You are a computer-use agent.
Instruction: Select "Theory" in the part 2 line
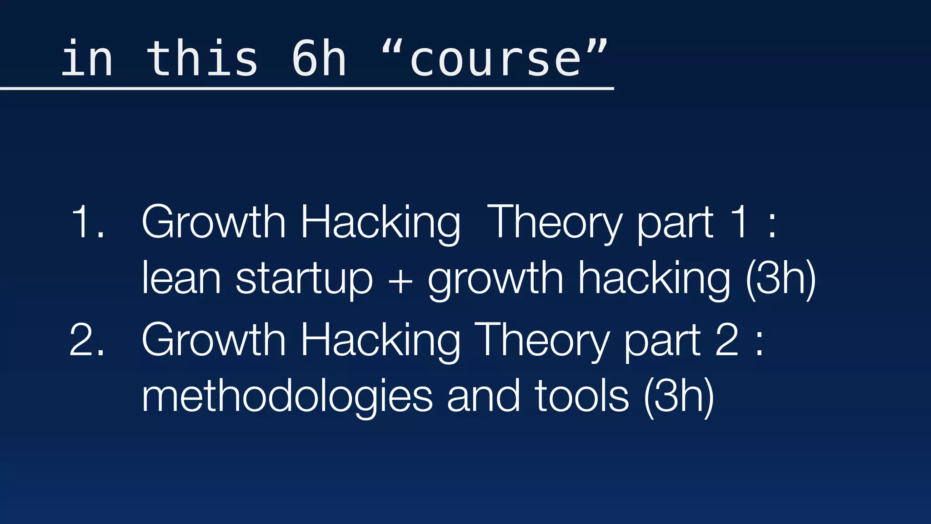point(541,340)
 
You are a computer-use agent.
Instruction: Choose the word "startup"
point(304,278)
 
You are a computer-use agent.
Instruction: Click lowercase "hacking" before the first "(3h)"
point(654,278)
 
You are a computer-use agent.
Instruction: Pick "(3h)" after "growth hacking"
point(781,278)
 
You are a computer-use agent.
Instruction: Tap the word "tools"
point(582,396)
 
